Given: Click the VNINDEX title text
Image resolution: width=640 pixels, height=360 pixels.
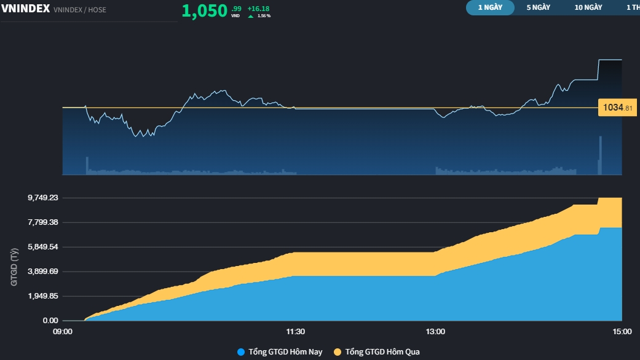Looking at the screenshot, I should tap(26, 9).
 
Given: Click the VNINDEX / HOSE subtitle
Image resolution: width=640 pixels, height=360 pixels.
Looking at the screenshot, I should tap(80, 10).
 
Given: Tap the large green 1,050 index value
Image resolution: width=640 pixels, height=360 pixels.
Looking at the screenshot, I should tap(205, 11).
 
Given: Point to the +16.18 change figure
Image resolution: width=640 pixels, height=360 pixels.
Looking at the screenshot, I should tap(258, 9).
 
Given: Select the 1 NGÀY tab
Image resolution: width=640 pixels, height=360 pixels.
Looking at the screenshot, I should tap(490, 7).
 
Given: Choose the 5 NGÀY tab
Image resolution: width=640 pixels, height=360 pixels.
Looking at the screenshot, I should tap(538, 7).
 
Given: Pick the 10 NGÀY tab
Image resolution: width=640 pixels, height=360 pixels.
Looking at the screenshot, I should tap(588, 7).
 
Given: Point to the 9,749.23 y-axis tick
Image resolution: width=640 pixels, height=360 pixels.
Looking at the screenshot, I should tap(43, 198).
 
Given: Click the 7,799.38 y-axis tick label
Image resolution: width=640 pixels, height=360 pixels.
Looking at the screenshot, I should tap(43, 222).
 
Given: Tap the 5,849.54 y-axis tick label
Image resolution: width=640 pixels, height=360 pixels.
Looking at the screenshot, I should tap(43, 247).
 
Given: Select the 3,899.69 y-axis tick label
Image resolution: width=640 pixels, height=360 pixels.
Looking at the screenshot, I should tap(43, 272).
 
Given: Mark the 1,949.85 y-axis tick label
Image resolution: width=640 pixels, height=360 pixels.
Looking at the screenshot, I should tap(43, 296).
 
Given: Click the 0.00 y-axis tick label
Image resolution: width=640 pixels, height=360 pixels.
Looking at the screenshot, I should tap(51, 321).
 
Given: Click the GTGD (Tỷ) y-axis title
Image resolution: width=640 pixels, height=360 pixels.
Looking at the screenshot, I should tap(15, 267).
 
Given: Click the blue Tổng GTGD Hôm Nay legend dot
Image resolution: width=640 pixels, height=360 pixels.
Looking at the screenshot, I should tap(241, 352).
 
